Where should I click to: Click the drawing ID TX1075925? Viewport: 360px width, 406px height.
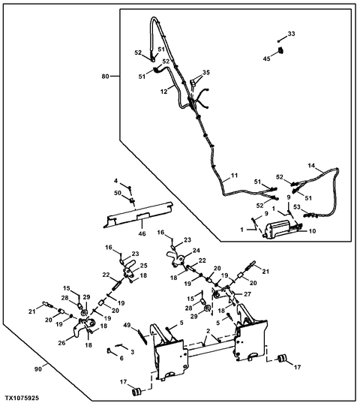(22, 398)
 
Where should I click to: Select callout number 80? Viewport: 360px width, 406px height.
(105, 77)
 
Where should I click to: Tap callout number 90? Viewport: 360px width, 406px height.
(38, 369)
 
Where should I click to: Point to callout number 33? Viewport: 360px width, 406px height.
(292, 34)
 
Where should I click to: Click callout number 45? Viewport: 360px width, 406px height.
(267, 59)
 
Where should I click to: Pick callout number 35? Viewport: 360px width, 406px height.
(206, 73)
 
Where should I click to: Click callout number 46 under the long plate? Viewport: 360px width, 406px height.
(142, 233)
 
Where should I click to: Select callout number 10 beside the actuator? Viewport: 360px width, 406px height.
(313, 230)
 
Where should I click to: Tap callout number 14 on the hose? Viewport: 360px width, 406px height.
(311, 165)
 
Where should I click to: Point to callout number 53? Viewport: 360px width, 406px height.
(297, 207)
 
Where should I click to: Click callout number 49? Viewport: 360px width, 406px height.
(127, 325)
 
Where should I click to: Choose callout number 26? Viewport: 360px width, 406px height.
(61, 343)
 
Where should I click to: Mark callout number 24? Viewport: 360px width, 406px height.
(196, 251)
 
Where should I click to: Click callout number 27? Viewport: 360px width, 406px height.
(247, 294)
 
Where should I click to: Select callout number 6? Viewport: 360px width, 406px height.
(121, 359)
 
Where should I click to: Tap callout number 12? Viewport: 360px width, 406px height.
(164, 92)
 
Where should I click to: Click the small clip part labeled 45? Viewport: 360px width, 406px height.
(280, 50)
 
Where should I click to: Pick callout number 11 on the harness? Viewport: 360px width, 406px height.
(234, 176)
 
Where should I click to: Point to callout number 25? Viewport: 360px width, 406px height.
(144, 266)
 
